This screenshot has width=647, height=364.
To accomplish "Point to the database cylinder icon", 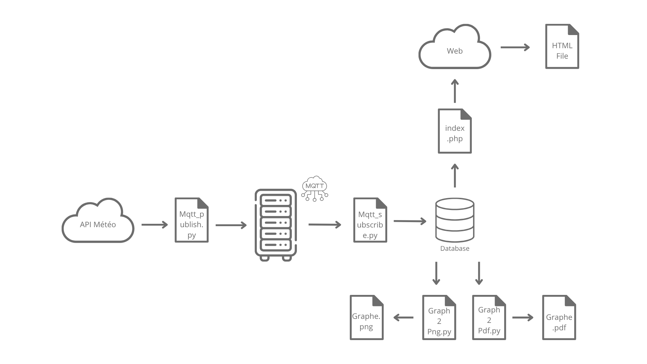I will (x=455, y=220).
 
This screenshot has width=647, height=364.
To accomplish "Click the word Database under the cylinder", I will (x=455, y=248).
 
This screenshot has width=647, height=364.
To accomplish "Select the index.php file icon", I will (x=455, y=131).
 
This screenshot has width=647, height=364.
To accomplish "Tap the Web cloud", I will (x=455, y=49).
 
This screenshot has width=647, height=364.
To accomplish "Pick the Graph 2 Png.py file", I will (x=439, y=317).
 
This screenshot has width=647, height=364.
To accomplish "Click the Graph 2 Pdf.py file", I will (x=489, y=317).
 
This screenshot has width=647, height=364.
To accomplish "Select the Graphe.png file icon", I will (x=367, y=317).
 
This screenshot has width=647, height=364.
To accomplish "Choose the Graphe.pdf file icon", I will (x=559, y=317).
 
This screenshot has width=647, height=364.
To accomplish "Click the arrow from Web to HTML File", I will (x=515, y=47).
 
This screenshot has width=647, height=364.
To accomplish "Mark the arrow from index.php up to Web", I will (x=455, y=91).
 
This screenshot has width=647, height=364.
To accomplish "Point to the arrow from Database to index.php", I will (x=455, y=175).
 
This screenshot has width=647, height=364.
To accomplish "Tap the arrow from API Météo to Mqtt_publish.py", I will (x=154, y=224).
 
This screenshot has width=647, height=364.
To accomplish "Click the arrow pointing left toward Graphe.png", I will (x=403, y=317).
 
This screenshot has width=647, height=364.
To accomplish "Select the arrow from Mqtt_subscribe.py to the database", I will (x=410, y=221).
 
